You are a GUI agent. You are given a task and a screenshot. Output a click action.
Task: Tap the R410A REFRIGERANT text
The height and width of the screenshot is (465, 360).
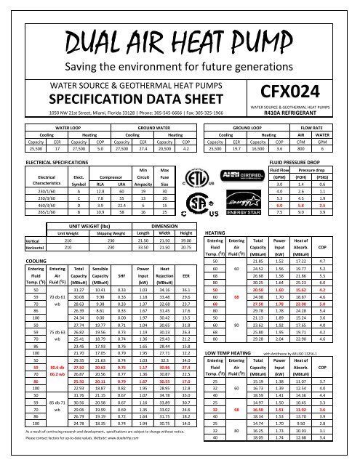tap(308, 115)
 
